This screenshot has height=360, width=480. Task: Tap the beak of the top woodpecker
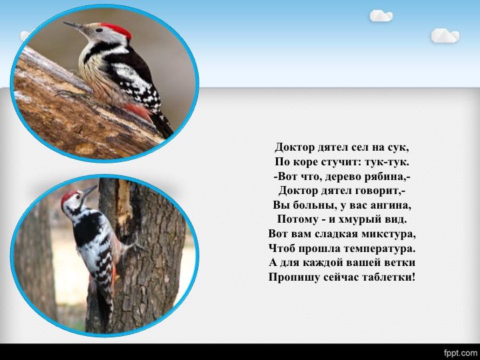(75, 26)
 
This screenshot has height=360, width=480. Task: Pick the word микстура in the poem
(389, 233)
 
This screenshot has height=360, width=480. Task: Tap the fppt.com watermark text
(461, 352)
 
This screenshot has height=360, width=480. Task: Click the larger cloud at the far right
(445, 35)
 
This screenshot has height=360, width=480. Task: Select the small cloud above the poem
(381, 15)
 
